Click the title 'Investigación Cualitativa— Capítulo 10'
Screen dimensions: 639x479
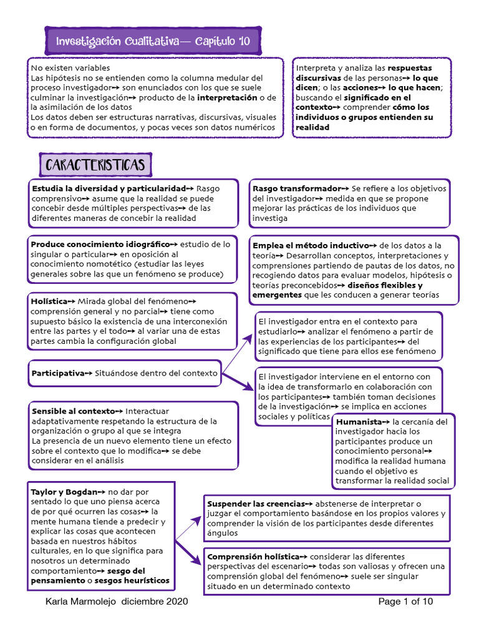point(153,42)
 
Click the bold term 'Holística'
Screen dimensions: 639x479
point(48,301)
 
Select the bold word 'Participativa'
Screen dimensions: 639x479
point(57,373)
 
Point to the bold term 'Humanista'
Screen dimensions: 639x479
point(359,421)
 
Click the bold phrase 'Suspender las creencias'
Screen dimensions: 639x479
point(255,504)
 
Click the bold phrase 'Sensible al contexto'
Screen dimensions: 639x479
point(73,411)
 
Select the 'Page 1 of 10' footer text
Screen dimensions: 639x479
point(405,602)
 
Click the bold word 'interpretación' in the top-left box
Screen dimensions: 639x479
point(227,97)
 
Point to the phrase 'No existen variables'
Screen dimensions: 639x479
point(70,67)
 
